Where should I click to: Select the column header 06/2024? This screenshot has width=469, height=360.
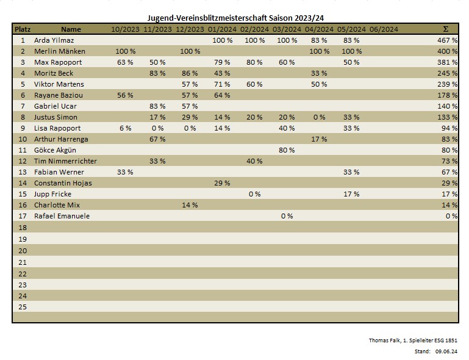click(x=384, y=29)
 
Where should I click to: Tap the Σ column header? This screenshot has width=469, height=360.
click(x=445, y=29)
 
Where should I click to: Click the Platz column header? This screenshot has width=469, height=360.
click(x=23, y=29)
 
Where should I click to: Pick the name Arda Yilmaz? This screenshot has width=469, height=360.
click(x=54, y=40)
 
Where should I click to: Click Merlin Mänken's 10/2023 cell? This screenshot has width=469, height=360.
click(x=125, y=51)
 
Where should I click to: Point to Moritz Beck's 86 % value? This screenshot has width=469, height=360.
click(x=190, y=73)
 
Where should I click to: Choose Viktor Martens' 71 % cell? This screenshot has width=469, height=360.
click(x=222, y=84)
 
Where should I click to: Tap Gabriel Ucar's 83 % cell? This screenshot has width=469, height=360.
click(x=157, y=106)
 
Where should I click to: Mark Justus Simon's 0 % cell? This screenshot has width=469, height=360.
click(x=319, y=117)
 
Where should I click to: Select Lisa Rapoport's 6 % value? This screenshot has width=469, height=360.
click(x=125, y=128)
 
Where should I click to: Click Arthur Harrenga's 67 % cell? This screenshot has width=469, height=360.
click(x=157, y=139)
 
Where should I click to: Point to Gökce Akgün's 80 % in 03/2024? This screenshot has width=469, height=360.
click(x=287, y=150)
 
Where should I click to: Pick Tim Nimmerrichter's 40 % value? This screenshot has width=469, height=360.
click(x=254, y=161)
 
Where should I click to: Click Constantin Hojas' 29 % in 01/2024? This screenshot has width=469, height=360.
click(x=222, y=183)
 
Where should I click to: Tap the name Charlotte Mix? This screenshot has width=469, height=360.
click(x=57, y=205)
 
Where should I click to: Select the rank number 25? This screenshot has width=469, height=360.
click(x=23, y=306)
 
